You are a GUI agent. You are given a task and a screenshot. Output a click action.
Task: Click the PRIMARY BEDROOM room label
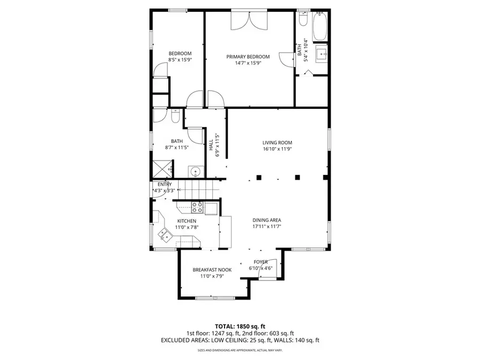pos(248,57)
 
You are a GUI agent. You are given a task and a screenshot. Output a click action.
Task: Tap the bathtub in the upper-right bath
pos(320,26)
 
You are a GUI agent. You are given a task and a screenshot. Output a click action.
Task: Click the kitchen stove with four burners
pos(197,207)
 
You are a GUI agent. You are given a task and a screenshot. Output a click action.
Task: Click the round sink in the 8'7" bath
pos(196,172)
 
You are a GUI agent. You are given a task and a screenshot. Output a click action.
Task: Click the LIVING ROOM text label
pos(277,142)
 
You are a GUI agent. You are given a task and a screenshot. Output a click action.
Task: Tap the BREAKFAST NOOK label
pos(212,270)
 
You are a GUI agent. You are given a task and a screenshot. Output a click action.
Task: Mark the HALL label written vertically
pos(211,145)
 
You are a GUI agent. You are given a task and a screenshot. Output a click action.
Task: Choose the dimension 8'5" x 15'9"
pos(180,60)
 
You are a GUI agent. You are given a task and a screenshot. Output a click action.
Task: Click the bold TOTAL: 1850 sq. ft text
pos(239,326)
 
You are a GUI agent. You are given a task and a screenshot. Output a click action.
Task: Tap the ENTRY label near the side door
pos(164,184)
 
